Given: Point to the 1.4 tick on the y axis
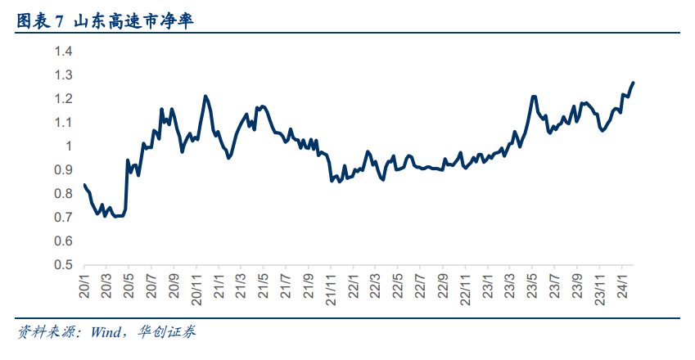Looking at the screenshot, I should click(64, 52).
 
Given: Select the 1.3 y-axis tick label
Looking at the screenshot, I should click(64, 75).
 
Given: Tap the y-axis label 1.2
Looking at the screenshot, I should click(64, 99).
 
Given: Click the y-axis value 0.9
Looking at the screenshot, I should click(64, 170).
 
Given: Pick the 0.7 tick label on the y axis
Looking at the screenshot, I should click(64, 218).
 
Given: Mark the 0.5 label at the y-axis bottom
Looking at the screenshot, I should click(64, 265).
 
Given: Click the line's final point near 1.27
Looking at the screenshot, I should click(633, 83).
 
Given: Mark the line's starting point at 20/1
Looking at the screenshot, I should click(84, 185).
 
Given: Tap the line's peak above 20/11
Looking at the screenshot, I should click(205, 97).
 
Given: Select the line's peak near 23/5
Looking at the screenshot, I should click(533, 97).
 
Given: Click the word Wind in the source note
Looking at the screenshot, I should click(105, 332).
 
